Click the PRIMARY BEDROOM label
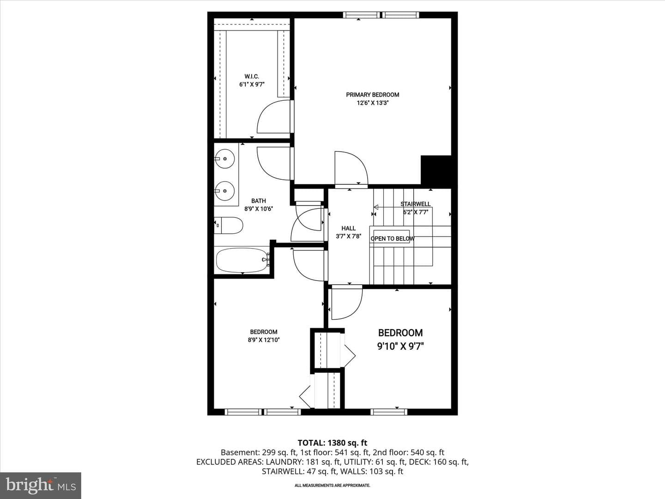tap(372, 95)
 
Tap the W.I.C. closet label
tap(252, 76)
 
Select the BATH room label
tap(259, 201)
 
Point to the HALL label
tap(348, 228)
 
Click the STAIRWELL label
tap(415, 204)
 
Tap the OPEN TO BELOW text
tap(393, 239)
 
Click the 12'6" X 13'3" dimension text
tap(372, 103)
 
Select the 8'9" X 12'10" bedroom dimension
tap(264, 340)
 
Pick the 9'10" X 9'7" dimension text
tap(400, 346)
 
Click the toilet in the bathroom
tap(229, 225)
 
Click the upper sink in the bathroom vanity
tap(224, 158)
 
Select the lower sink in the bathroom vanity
tap(224, 191)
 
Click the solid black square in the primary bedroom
tap(436, 170)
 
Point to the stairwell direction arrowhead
tap(376, 207)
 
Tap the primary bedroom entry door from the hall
tap(351, 169)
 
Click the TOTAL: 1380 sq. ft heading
tap(332, 443)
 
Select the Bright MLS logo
tap(41, 486)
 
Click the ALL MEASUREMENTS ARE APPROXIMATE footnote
tap(332, 485)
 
